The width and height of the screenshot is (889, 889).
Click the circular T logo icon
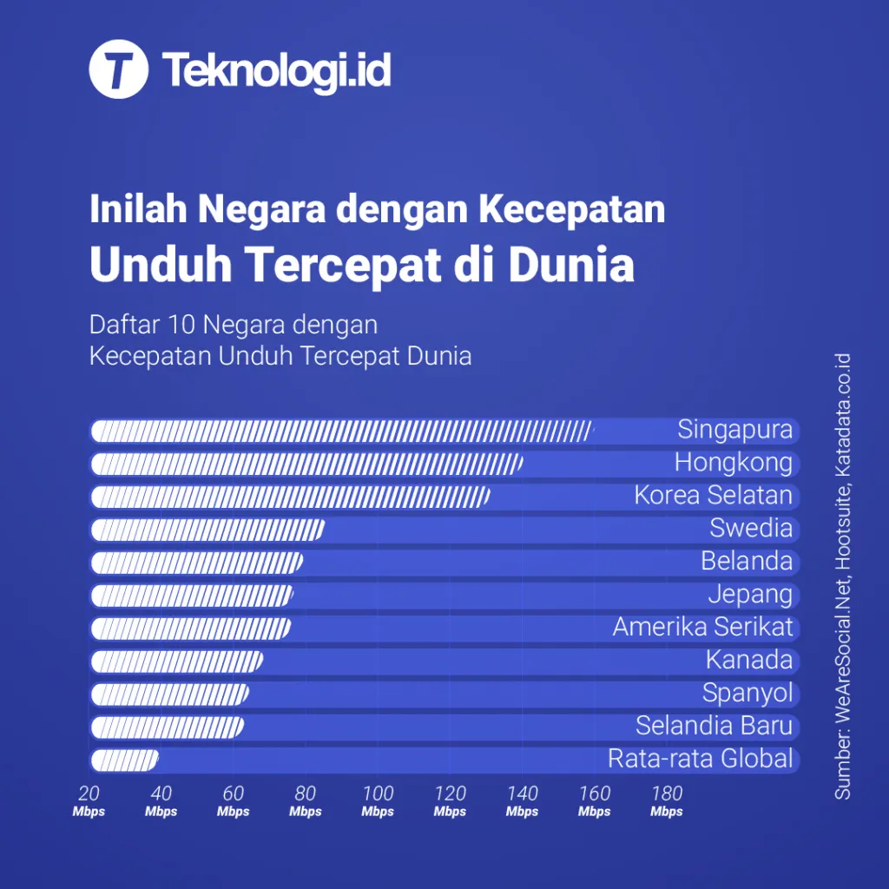point(119,71)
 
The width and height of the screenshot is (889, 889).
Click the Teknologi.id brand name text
point(276,71)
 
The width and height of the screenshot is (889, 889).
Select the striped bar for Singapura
point(341,431)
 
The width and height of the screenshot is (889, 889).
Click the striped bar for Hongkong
point(306,464)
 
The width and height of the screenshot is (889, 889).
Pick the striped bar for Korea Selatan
point(290,497)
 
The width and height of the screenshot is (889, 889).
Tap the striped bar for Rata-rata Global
point(124,761)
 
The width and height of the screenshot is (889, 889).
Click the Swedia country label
point(751,528)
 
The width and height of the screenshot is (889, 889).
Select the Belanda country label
point(747,561)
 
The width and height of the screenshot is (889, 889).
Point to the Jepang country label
point(750,594)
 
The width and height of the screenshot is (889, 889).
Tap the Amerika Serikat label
point(702,627)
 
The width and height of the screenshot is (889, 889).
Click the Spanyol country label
point(747,694)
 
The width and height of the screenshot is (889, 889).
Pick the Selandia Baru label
point(714,726)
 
